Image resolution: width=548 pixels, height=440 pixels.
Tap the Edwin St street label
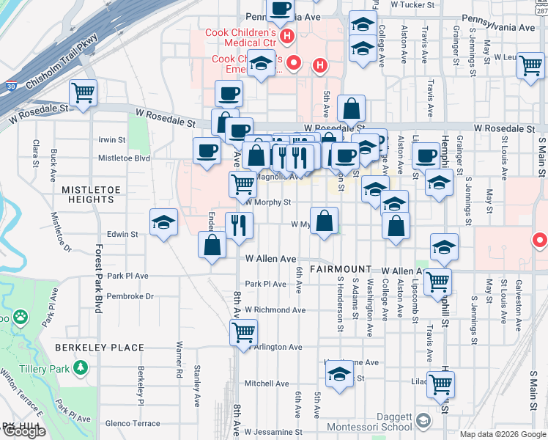(x=123, y=235)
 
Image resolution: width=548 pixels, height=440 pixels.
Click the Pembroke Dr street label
(x=130, y=296)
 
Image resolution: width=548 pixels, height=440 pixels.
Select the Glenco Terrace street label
(x=133, y=423)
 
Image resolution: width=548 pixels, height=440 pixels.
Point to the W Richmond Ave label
(x=275, y=310)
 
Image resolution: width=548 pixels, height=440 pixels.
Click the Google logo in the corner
(x=24, y=432)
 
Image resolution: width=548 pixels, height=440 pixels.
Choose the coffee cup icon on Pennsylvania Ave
(x=278, y=10)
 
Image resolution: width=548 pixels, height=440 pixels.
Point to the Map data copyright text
(x=502, y=434)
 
